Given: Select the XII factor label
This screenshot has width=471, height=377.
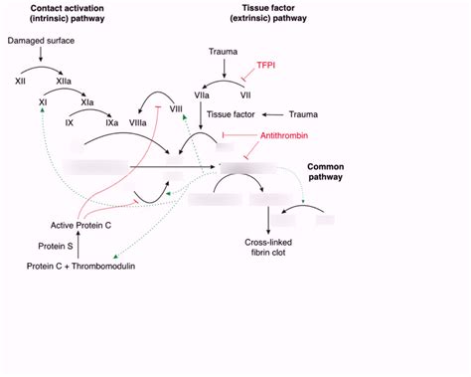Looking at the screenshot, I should coord(20,81).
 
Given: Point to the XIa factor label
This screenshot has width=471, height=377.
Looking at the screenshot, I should coord(87,101).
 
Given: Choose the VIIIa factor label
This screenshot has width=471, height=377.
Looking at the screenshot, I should coord(140,122).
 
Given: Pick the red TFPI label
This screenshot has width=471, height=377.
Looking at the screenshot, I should coord(267,65).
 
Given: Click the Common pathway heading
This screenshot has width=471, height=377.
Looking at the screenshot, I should coord(325,170).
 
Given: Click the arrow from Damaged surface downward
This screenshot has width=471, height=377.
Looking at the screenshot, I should coord(40,59).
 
